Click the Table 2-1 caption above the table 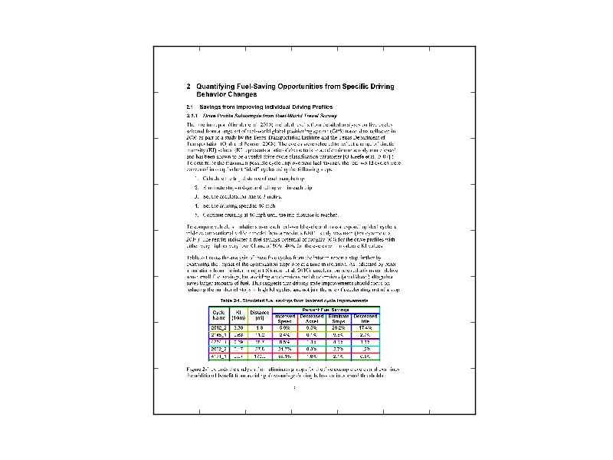coord(295,302)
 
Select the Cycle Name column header coord(218,315)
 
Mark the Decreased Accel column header coord(312,318)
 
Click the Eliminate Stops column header coord(339,318)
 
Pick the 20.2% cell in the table coord(339,327)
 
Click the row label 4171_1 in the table coord(218,356)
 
